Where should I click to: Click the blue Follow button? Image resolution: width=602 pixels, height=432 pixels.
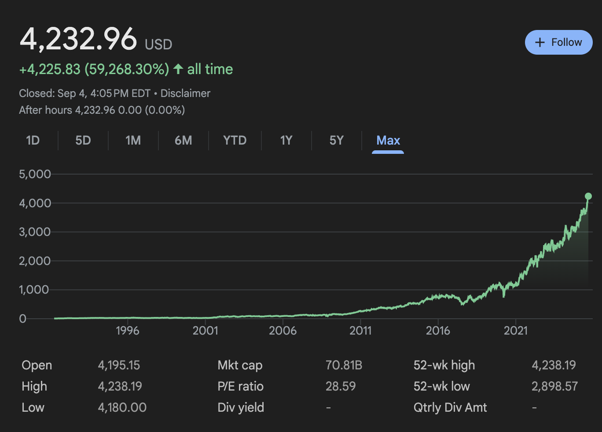click(x=558, y=42)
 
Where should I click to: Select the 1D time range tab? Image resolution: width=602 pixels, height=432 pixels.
click(x=33, y=141)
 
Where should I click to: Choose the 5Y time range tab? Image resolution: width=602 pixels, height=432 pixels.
click(x=336, y=141)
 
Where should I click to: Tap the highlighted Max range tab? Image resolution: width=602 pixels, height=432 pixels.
click(x=388, y=141)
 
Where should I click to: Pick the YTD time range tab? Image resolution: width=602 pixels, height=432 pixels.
click(x=235, y=141)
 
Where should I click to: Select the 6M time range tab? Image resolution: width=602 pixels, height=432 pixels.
click(x=183, y=141)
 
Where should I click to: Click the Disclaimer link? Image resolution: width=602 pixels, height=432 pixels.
click(x=185, y=93)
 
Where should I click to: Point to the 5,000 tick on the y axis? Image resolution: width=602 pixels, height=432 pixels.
click(x=35, y=174)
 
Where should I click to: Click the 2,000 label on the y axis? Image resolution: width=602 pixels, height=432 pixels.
click(x=35, y=261)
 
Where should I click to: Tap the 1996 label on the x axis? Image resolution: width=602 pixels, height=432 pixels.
click(x=128, y=331)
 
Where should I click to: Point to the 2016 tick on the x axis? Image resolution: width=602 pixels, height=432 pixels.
click(x=438, y=331)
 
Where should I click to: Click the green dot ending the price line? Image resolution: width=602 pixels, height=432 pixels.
click(x=588, y=196)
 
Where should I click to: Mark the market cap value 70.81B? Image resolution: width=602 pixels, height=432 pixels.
click(x=344, y=365)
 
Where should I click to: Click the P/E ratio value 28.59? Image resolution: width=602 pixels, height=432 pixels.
click(x=341, y=386)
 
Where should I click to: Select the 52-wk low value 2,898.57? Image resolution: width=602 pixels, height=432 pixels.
click(x=554, y=386)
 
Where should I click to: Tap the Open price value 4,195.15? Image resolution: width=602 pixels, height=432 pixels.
click(x=119, y=365)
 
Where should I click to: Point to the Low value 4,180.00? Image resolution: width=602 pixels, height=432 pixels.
click(x=122, y=407)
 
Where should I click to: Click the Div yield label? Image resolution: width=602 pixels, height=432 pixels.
click(x=241, y=407)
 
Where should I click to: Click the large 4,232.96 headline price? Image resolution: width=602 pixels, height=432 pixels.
click(x=78, y=39)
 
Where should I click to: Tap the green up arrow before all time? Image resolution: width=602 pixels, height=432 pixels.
click(x=178, y=69)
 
